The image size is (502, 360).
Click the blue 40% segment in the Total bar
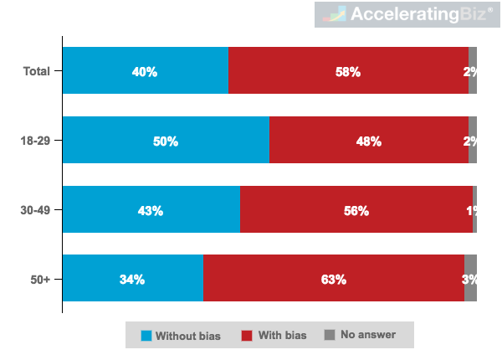coord(145,71)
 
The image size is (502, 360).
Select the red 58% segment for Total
coord(348,71)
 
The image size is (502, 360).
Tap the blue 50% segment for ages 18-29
coord(165,141)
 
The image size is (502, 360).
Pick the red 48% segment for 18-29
coord(368,141)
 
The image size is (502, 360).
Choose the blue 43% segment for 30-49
coord(151,210)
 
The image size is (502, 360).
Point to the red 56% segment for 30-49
coord(356,210)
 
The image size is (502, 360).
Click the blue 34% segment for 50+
coord(132,279)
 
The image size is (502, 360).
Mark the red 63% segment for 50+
coord(333,279)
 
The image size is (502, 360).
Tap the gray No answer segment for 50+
coord(470,279)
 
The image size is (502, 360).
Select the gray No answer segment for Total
coord(473,71)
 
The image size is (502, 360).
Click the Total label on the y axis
coord(36,71)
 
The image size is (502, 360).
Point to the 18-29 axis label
coord(34,141)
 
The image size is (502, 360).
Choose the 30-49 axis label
coord(34,210)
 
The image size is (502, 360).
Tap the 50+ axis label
coord(39,279)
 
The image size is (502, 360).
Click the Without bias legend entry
coord(181,336)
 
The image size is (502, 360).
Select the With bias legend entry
coord(274,336)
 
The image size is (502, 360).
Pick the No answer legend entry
coord(361,335)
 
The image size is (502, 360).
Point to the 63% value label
coord(333,279)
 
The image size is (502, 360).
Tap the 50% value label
coord(165,141)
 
